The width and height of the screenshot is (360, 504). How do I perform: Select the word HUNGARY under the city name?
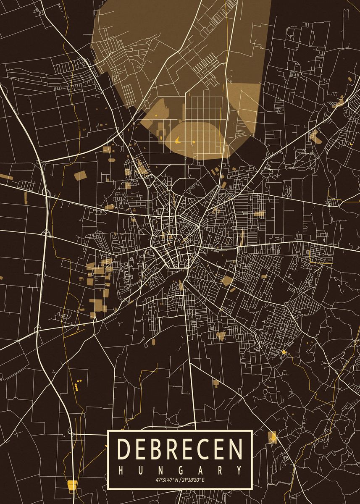(x=180, y=469)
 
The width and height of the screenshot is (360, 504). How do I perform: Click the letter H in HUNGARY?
(x=121, y=469)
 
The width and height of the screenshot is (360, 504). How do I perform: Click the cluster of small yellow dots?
(x=77, y=384)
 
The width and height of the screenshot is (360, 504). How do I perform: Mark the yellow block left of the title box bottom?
(x=72, y=485)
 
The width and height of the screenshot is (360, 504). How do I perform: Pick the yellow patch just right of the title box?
(x=273, y=437)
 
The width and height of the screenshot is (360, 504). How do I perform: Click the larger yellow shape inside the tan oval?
(x=178, y=140)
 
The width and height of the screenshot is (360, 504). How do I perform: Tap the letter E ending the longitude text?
(x=203, y=480)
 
